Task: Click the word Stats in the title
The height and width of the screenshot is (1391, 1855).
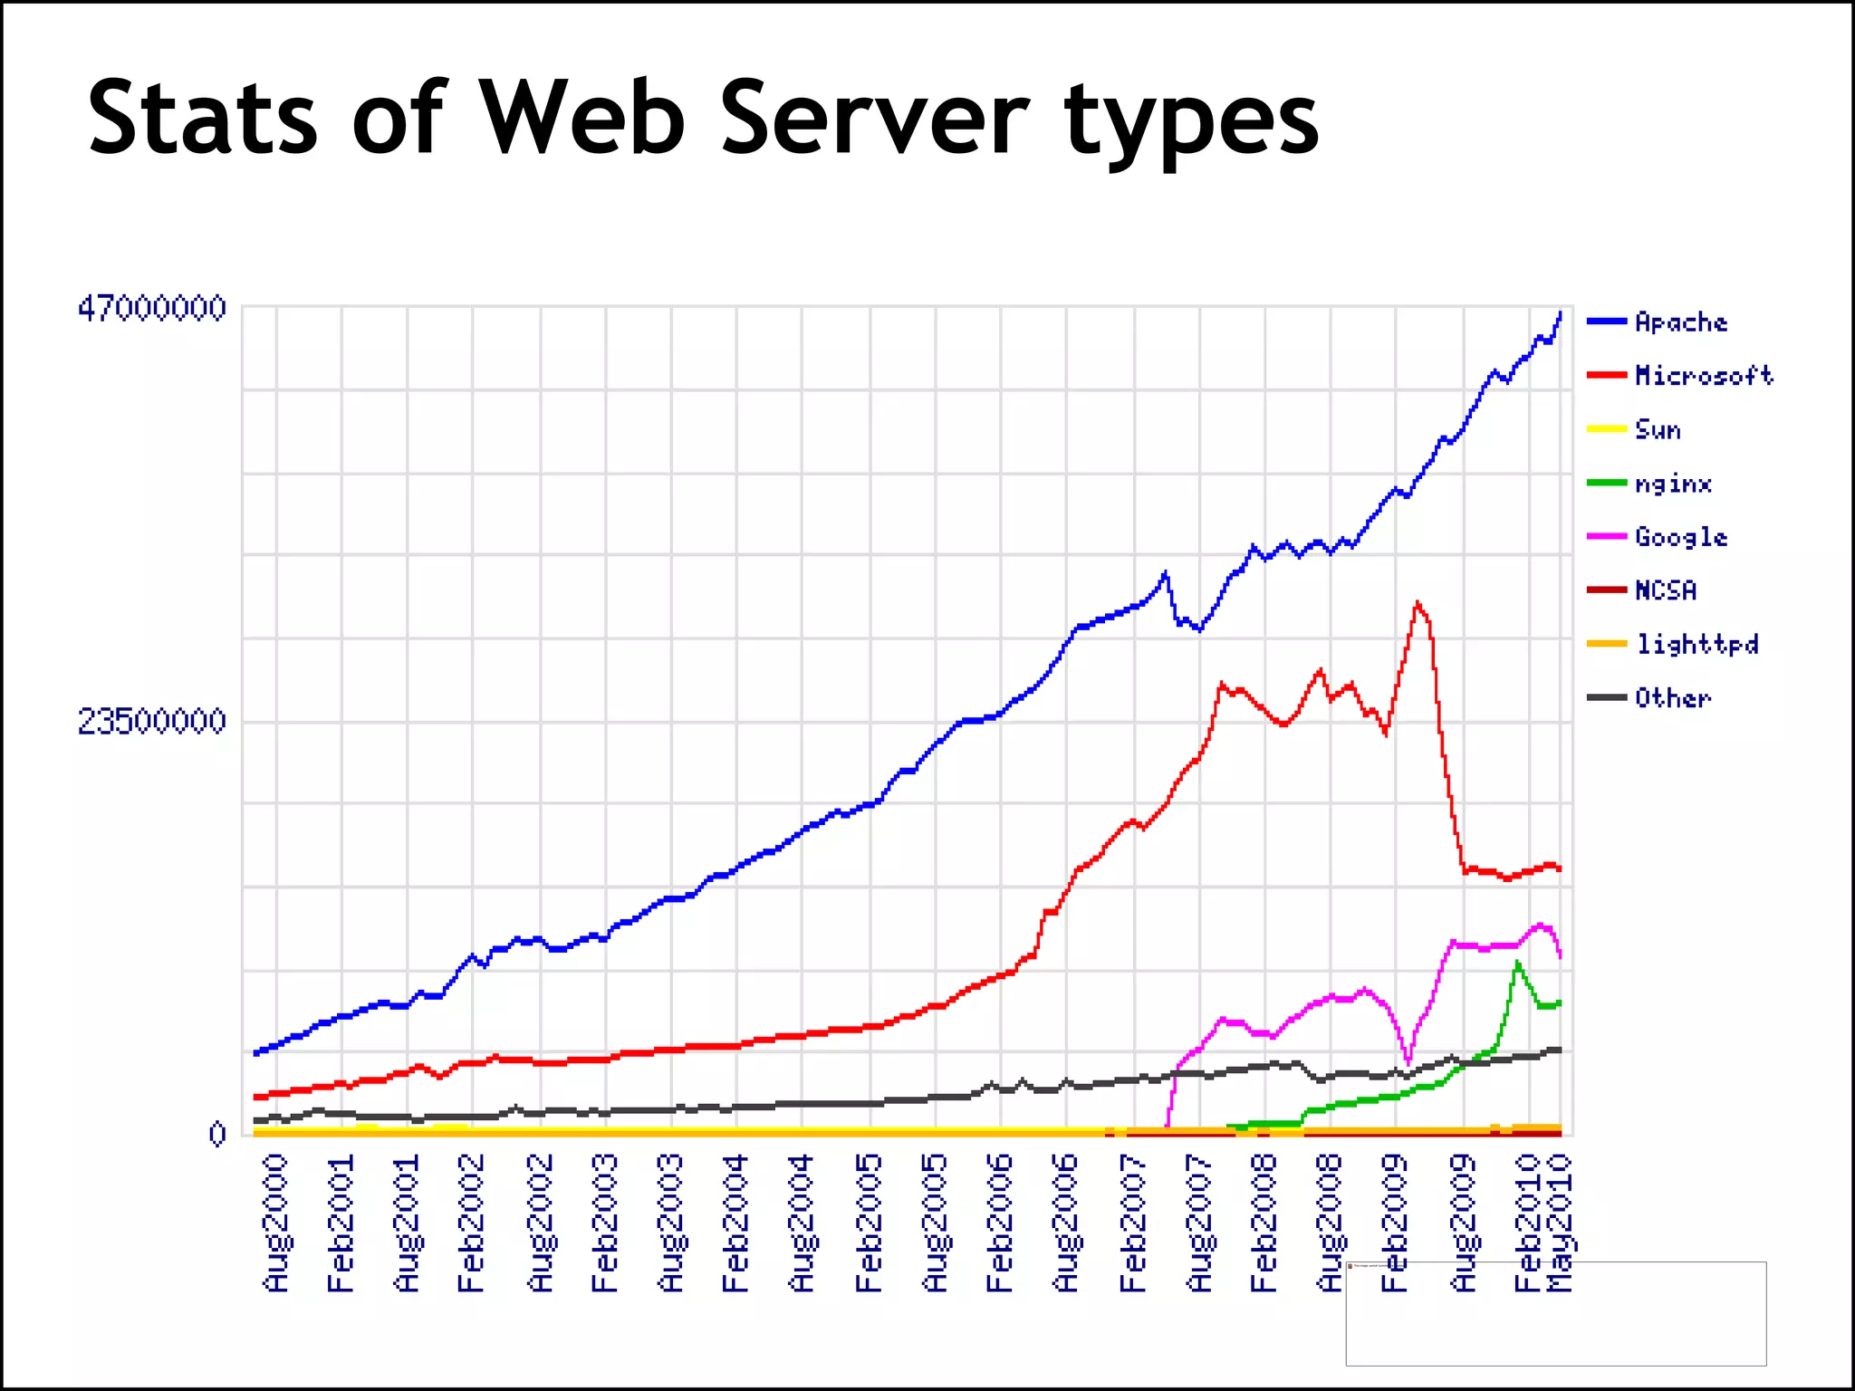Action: [201, 118]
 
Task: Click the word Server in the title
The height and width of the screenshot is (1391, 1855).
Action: [874, 118]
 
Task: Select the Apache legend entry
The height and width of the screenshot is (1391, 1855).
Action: [1680, 321]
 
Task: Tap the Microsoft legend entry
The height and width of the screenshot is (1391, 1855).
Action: [1703, 375]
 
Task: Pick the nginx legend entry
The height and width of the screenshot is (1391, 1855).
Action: [1673, 483]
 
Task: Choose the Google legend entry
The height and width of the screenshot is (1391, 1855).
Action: [1680, 536]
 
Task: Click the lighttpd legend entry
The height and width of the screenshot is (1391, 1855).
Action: [1696, 644]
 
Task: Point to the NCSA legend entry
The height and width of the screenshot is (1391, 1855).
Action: [1665, 590]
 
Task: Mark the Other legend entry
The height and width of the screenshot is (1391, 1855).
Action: [1672, 697]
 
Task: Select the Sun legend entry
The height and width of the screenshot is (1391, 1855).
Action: [1658, 429]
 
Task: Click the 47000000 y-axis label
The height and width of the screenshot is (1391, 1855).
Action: [151, 308]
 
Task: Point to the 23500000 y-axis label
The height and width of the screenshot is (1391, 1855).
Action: [151, 721]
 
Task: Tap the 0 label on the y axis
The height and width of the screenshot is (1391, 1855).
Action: [216, 1133]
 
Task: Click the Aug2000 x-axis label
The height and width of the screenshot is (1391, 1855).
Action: [275, 1223]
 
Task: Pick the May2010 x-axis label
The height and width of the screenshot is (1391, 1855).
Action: [1560, 1223]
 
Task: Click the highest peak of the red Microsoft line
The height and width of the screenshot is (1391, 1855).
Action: [1417, 603]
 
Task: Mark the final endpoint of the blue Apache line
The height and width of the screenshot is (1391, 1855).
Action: [1561, 312]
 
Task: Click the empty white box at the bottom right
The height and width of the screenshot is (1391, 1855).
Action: [1555, 1313]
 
